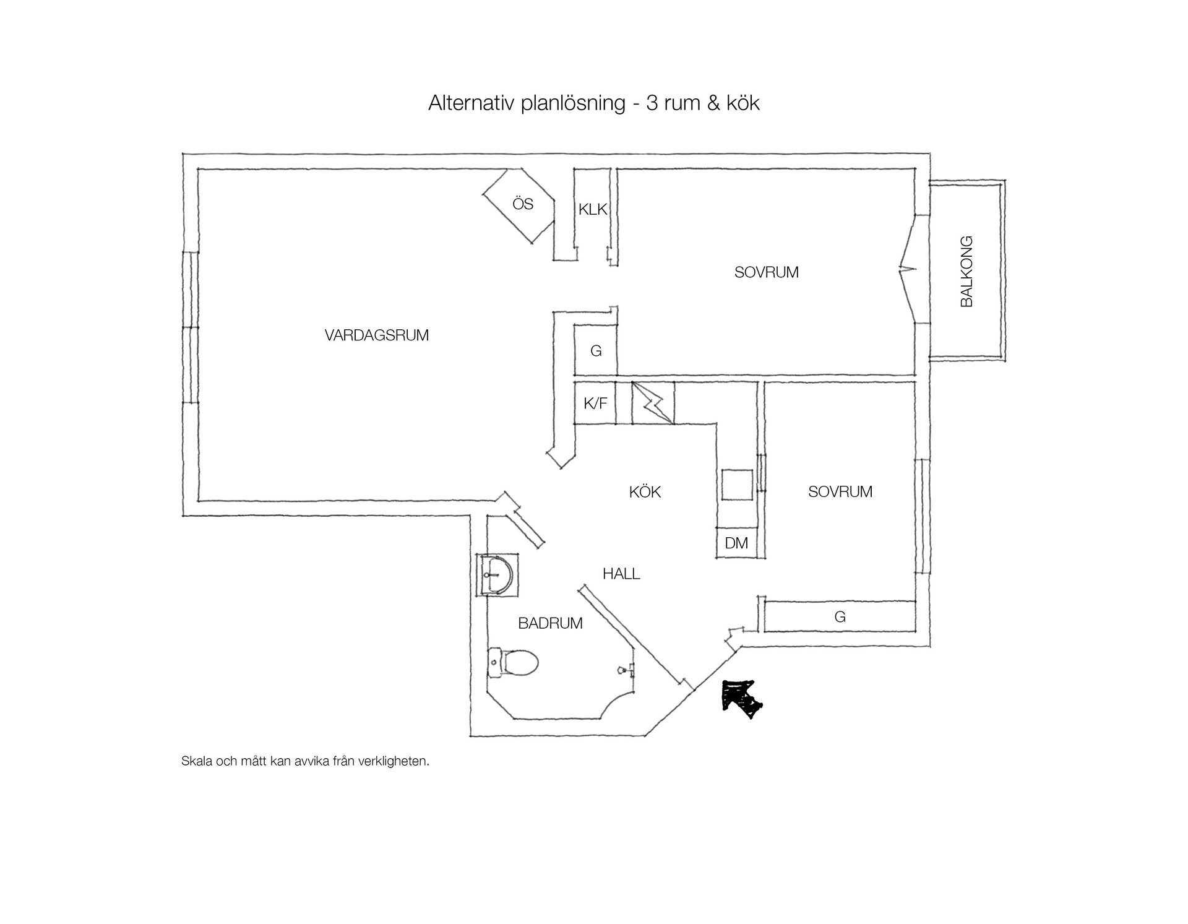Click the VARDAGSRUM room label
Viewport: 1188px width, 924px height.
(376, 335)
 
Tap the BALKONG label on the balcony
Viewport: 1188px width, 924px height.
(966, 271)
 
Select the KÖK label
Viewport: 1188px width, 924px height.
(645, 491)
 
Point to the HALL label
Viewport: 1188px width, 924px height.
(621, 574)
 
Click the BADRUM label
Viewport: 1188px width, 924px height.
(550, 623)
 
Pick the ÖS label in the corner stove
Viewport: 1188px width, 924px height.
(523, 204)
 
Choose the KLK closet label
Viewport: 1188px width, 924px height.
(593, 210)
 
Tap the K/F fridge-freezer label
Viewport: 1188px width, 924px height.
(595, 404)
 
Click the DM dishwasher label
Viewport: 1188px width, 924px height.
(736, 543)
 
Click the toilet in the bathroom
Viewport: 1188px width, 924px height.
(513, 663)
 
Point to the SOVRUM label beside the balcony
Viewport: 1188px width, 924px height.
(766, 272)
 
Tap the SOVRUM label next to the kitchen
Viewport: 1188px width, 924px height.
(840, 491)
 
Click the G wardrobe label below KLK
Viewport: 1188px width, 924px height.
(596, 351)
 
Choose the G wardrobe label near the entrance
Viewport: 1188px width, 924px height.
(840, 616)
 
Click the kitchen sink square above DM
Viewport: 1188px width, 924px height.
(737, 485)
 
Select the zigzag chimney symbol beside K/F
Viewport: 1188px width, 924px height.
(652, 403)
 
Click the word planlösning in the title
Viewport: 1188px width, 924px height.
(573, 103)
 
